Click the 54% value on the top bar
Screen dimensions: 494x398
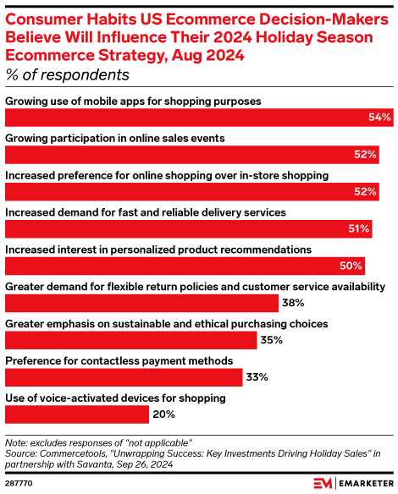(379, 118)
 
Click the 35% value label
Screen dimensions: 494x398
(272, 340)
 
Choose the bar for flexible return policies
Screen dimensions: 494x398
(141, 303)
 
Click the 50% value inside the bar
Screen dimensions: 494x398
(351, 266)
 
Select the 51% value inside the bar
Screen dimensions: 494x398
(358, 228)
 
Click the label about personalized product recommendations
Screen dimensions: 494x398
(158, 250)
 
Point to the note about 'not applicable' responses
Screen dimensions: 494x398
(99, 442)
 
